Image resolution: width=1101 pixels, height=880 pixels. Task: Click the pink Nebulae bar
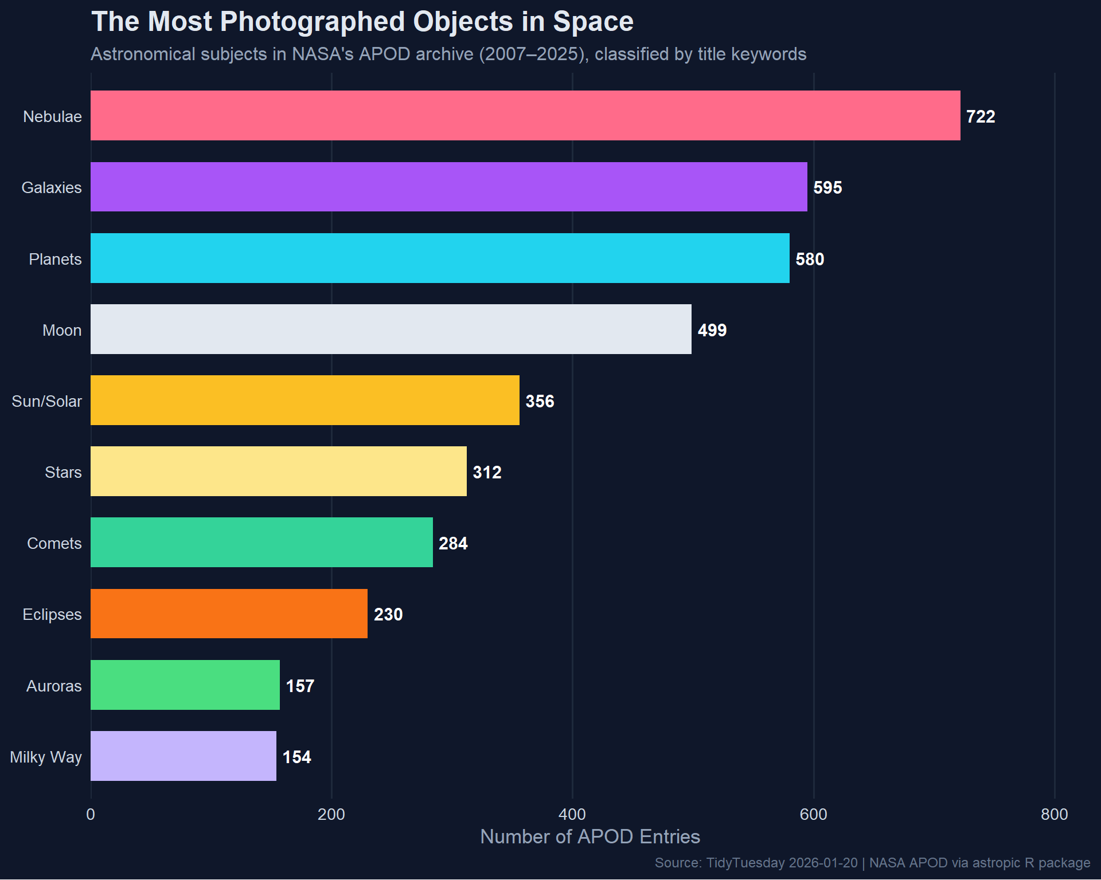point(525,115)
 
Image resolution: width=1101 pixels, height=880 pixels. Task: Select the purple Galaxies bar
point(448,187)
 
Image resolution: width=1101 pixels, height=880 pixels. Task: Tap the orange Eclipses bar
point(229,614)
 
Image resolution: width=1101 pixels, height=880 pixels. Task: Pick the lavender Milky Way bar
point(183,756)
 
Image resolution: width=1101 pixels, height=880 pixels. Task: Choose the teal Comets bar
point(261,542)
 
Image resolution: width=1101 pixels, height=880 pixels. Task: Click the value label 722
point(981,116)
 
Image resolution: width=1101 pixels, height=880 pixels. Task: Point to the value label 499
point(712,330)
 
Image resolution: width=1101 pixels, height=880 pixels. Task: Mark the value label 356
point(540,401)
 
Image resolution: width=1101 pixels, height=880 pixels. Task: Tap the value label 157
point(300,686)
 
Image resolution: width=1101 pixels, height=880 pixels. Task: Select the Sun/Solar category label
point(47,401)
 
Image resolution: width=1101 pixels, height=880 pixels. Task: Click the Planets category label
point(55,259)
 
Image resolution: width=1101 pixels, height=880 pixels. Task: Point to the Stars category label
point(63,472)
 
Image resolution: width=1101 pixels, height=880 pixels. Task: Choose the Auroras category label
point(54,686)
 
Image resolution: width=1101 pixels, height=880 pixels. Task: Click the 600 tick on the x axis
point(813,814)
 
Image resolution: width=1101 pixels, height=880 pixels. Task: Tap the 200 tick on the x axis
point(331,814)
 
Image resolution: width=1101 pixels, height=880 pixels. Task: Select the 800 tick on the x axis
point(1054,814)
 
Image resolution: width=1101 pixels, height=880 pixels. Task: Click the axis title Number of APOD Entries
point(590,836)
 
